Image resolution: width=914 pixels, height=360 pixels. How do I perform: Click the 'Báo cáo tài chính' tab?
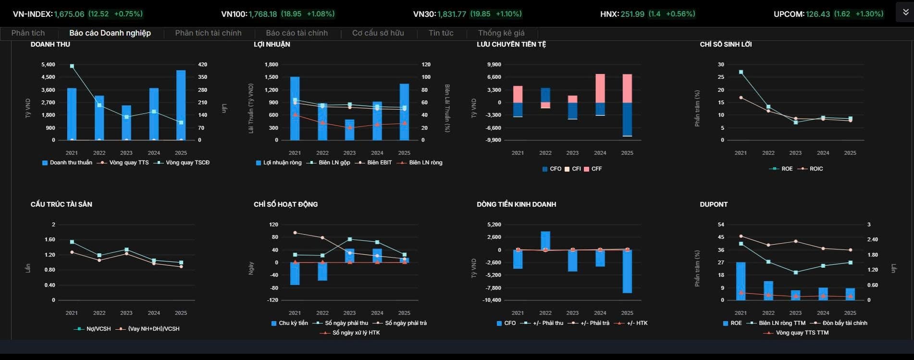(x=296, y=33)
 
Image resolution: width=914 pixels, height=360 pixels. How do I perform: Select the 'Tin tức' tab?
(x=441, y=33)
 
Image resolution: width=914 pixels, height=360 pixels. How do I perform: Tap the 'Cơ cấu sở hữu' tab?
(x=378, y=33)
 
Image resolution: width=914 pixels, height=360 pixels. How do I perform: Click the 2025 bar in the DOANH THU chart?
(x=181, y=105)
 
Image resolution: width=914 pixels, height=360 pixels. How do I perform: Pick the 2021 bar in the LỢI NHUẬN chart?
(x=295, y=109)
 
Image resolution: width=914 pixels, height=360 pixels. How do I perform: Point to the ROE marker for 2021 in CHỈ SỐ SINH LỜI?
(x=741, y=72)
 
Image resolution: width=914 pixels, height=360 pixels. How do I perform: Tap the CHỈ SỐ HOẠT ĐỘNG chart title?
(x=285, y=204)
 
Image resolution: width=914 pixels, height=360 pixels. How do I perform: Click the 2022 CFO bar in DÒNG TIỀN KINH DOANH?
(x=545, y=241)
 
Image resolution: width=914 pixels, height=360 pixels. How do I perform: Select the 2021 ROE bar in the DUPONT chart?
(x=741, y=281)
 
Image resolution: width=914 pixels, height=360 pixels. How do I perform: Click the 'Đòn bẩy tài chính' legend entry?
(x=840, y=323)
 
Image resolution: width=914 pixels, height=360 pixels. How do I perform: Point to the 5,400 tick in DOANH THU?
(x=48, y=64)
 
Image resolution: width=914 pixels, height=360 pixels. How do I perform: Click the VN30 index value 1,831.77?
(x=452, y=14)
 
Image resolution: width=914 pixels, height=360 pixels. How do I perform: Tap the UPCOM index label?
(x=789, y=14)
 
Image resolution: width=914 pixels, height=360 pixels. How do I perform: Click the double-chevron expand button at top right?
(x=905, y=12)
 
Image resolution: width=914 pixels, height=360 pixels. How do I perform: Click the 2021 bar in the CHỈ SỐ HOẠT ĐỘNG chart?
(x=295, y=273)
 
